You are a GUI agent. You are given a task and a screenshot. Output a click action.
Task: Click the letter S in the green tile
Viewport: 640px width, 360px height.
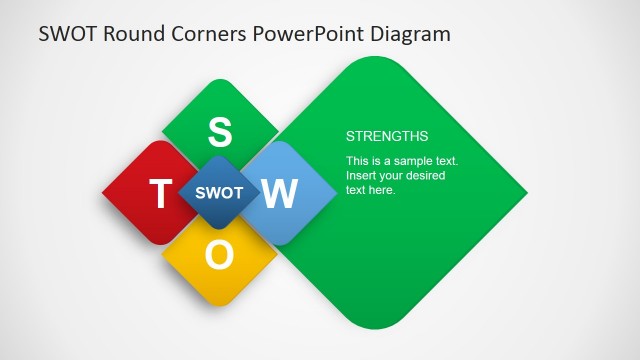point(220,131)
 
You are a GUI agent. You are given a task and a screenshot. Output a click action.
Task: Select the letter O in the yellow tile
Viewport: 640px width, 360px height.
point(220,256)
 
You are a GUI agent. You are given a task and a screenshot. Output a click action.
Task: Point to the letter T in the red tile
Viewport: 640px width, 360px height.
point(159,194)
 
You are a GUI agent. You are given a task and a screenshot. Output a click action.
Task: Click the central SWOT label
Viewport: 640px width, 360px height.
point(219,193)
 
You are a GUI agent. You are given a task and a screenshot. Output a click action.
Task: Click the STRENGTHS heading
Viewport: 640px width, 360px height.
point(387,136)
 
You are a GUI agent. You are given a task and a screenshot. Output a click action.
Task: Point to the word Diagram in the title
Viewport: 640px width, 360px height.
point(410,34)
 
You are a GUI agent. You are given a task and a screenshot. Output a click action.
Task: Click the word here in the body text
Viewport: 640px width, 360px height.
point(384,190)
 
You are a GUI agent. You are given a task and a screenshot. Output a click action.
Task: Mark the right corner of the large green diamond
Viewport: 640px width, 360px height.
point(525,192)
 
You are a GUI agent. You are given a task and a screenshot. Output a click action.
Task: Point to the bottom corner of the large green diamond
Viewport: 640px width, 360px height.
point(372,326)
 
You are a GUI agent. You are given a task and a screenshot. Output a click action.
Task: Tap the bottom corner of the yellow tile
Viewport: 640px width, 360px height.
point(220,304)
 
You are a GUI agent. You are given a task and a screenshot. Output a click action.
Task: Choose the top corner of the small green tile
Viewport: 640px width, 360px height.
point(220,80)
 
